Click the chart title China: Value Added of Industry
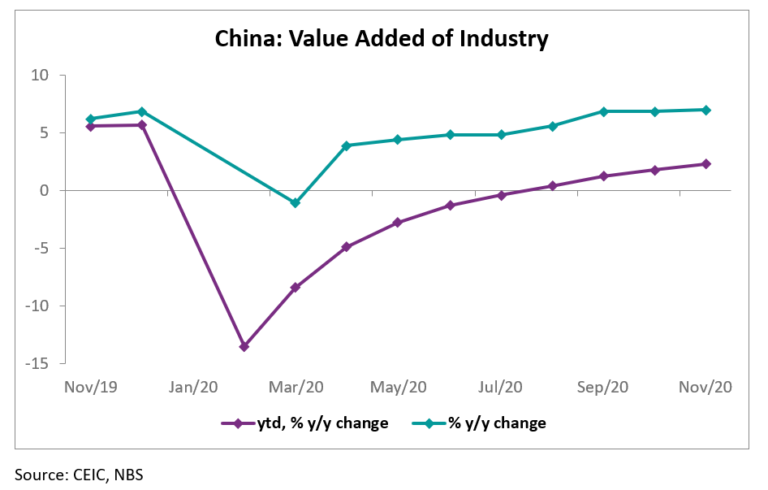pyautogui.click(x=381, y=38)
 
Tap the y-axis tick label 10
pyautogui.click(x=41, y=76)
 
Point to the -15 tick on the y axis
pyautogui.click(x=37, y=364)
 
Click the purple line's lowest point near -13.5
pyautogui.click(x=244, y=347)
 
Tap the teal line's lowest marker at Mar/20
pyautogui.click(x=296, y=203)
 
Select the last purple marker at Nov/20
pyautogui.click(x=706, y=164)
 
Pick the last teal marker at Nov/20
pyautogui.click(x=706, y=110)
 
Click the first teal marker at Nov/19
pyautogui.click(x=90, y=119)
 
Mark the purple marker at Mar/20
pyautogui.click(x=296, y=288)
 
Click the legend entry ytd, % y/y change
pyautogui.click(x=304, y=423)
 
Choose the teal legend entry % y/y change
pyautogui.click(x=485, y=423)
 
